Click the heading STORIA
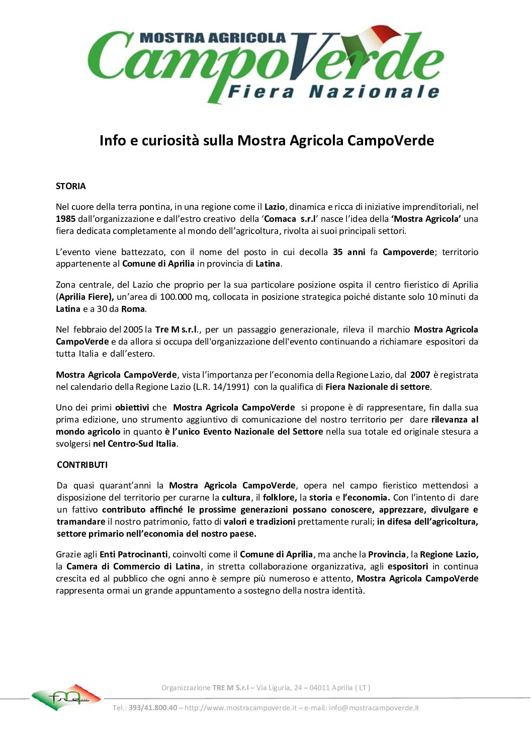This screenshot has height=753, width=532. (71, 186)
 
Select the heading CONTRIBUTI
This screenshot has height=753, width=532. (82, 465)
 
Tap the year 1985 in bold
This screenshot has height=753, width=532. (65, 219)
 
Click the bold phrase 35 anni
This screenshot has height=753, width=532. (349, 252)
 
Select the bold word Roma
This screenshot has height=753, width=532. (133, 309)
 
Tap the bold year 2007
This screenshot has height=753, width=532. (420, 375)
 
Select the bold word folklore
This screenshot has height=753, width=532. (279, 497)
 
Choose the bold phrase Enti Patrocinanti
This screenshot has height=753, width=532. (134, 554)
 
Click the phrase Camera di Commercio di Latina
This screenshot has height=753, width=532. (133, 566)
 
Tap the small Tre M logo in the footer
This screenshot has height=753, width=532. (66, 697)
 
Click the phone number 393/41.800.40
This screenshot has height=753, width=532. (153, 708)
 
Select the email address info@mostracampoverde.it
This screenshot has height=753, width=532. (374, 708)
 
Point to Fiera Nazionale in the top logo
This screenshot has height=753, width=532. (333, 92)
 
